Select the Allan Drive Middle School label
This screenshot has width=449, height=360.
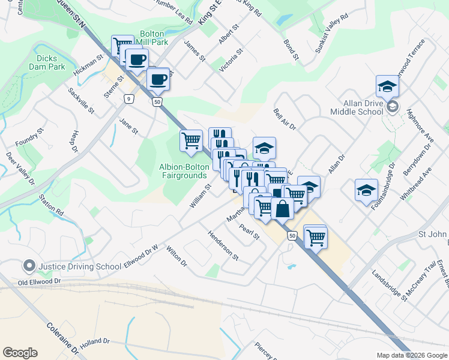tap(356, 107)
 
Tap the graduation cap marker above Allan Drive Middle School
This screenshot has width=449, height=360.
tap(388, 88)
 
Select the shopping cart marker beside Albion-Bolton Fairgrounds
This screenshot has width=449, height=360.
tap(191, 141)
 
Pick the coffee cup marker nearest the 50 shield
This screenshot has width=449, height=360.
tap(158, 79)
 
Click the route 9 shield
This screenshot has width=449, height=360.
tap(128, 99)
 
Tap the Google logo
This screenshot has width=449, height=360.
tap(20, 353)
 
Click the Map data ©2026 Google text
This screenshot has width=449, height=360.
tap(411, 355)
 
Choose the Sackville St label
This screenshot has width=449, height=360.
tap(81, 100)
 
